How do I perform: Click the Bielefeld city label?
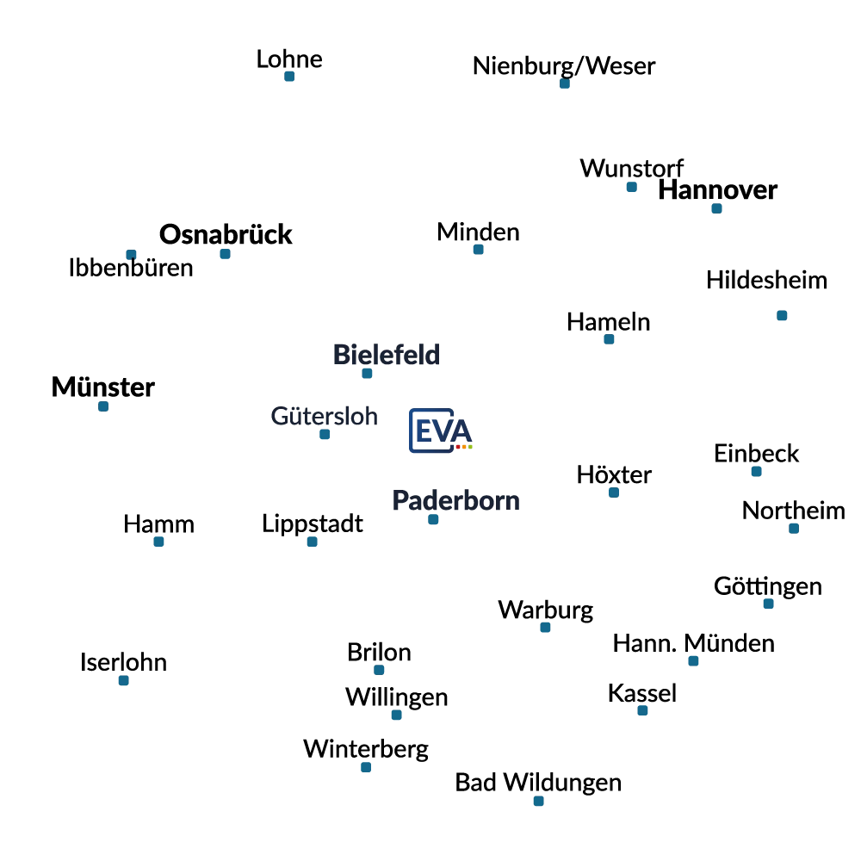pyautogui.click(x=386, y=352)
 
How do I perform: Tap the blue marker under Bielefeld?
pyautogui.click(x=368, y=372)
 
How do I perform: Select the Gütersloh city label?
pyautogui.click(x=324, y=417)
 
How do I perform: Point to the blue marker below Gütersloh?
pyautogui.click(x=324, y=434)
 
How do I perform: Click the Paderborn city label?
pyautogui.click(x=457, y=501)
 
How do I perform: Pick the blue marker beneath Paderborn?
pyautogui.click(x=433, y=520)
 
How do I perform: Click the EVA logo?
pyautogui.click(x=440, y=430)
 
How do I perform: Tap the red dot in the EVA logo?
pyautogui.click(x=457, y=448)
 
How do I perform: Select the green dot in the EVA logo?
pyautogui.click(x=471, y=448)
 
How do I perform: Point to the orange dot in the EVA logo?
pyautogui.click(x=464, y=448)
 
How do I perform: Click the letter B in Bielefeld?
pyautogui.click(x=338, y=352)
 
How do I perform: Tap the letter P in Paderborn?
pyautogui.click(x=399, y=501)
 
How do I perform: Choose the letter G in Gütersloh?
pyautogui.click(x=275, y=417)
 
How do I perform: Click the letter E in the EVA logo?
pyautogui.click(x=422, y=430)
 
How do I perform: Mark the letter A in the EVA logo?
pyautogui.click(x=461, y=429)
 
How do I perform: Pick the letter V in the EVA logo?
pyautogui.click(x=441, y=430)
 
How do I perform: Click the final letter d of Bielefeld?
pyautogui.click(x=435, y=352)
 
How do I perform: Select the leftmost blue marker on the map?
pyautogui.click(x=103, y=406)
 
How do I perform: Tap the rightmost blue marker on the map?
pyautogui.click(x=792, y=530)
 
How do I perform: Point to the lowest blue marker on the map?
pyautogui.click(x=537, y=802)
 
